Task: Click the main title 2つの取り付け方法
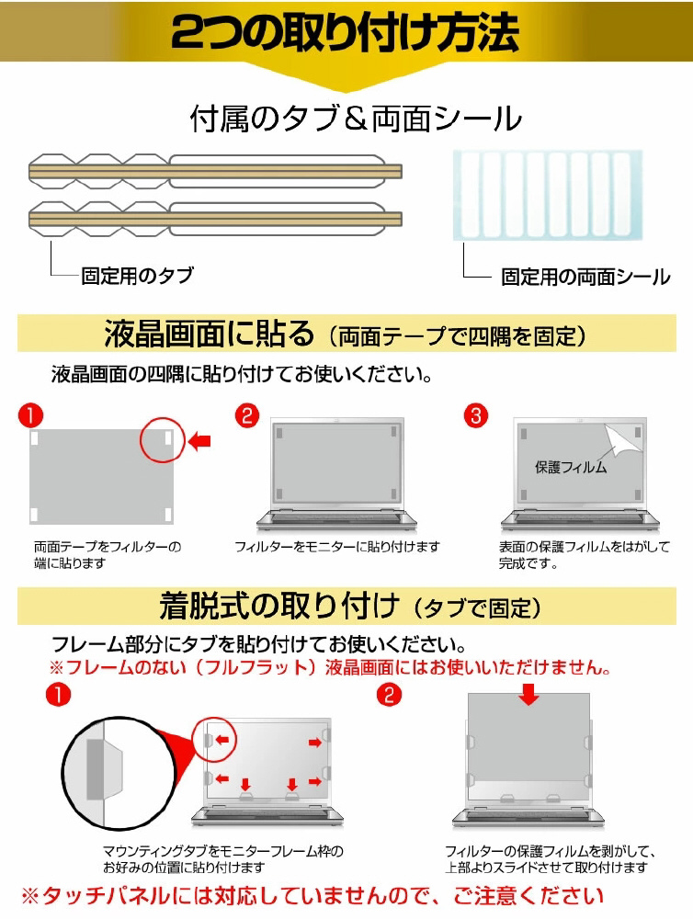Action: point(346,31)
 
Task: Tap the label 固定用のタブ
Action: point(137,276)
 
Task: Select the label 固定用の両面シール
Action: point(585,277)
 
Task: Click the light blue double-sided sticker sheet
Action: point(548,195)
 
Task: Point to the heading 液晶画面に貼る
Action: point(210,334)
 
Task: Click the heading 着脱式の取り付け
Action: point(279,606)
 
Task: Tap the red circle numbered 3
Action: point(475,415)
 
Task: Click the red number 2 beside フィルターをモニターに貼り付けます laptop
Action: point(247,415)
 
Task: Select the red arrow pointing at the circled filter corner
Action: point(200,441)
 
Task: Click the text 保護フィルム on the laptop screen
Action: point(571,467)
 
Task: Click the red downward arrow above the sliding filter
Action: point(529,695)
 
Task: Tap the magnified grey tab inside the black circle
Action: point(96,769)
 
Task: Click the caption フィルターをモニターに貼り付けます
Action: point(337,547)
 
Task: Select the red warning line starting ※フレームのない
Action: point(330,667)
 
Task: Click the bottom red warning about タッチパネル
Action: point(312,895)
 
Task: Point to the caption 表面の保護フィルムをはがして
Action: point(584,547)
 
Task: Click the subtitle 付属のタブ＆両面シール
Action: point(356,119)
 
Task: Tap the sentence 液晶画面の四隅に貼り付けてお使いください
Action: point(242,374)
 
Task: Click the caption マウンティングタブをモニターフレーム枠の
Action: point(223,851)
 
